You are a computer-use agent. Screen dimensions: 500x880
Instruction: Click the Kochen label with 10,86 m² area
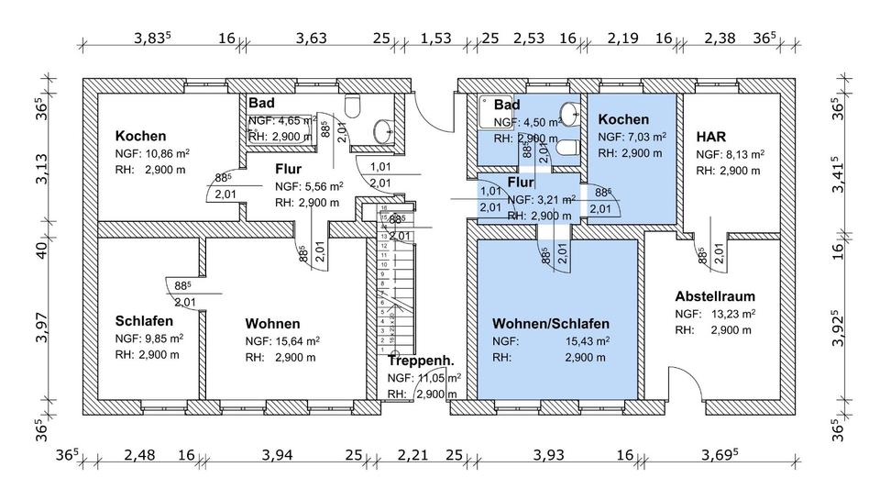click(x=140, y=136)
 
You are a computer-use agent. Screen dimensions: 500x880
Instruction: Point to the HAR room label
click(x=711, y=136)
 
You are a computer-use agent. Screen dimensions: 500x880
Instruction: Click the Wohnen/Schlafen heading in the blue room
click(x=550, y=324)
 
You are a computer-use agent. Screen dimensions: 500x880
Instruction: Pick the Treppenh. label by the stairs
click(x=422, y=361)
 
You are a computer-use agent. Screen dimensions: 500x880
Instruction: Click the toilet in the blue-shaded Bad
click(x=567, y=147)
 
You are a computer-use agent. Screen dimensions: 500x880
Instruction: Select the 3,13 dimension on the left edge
click(x=42, y=168)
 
